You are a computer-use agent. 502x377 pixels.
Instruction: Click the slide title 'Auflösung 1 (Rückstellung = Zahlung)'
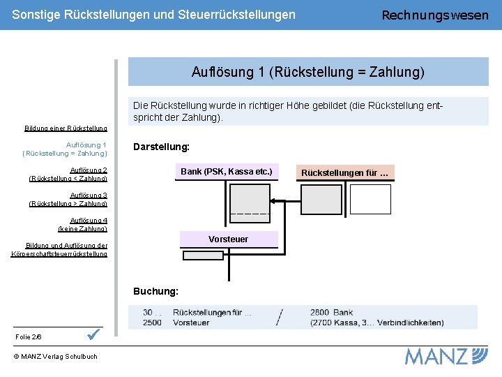pos(307,72)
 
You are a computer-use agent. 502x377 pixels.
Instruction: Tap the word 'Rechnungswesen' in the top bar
pos(435,15)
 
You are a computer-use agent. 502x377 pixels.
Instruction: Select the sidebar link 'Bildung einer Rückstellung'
pos(66,128)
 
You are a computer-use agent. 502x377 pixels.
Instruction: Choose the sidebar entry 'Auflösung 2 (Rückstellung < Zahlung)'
pos(68,174)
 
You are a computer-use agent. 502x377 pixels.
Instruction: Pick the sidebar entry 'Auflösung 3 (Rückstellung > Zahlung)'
pos(68,199)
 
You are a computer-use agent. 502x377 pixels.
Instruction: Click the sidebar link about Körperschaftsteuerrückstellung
pos(59,249)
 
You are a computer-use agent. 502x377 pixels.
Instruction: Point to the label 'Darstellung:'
pos(161,147)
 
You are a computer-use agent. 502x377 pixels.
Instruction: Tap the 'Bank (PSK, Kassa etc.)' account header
pos(226,172)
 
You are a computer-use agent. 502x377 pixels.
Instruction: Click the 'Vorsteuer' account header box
pos(228,239)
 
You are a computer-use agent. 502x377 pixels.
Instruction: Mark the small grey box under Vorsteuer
pos(203,256)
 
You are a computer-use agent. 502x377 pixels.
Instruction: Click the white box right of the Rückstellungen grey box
pos(370,199)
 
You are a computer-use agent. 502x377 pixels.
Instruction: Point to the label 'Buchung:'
pos(155,290)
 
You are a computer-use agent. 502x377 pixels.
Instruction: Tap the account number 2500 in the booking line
pos(152,323)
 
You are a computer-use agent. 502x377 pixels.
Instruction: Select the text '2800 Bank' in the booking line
pos(332,313)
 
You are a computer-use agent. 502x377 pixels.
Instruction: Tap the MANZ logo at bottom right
pos(446,356)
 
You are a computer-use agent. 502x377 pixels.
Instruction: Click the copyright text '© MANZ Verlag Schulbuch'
pos(55,357)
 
